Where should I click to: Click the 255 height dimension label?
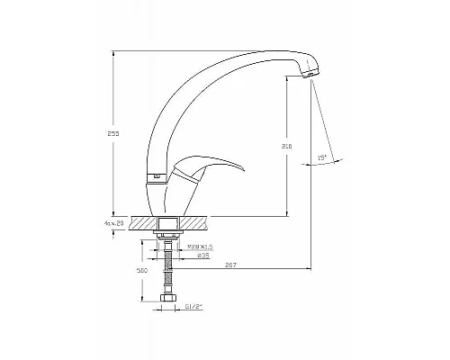point(112,132)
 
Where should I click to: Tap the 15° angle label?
point(321,158)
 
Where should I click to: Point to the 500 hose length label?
point(141,269)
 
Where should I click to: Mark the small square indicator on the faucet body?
point(157,178)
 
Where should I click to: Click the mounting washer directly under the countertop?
point(166,234)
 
